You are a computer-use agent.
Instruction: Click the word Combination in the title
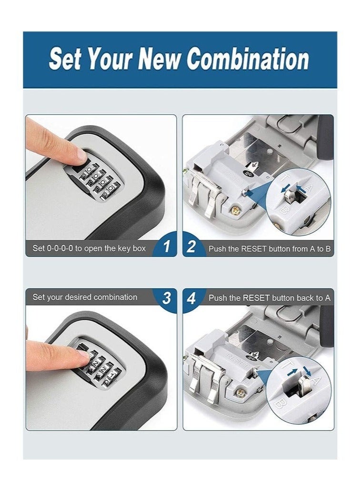pos(248,59)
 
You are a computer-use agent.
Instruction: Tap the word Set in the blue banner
pos(65,59)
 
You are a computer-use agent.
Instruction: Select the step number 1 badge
pos(166,247)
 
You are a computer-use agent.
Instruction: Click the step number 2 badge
pos(191,247)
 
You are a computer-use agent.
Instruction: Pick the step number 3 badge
pos(166,298)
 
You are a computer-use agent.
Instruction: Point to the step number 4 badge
pos(191,298)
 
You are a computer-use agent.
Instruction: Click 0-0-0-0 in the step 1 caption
pos(60,248)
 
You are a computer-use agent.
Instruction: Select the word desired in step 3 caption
pos(76,297)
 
